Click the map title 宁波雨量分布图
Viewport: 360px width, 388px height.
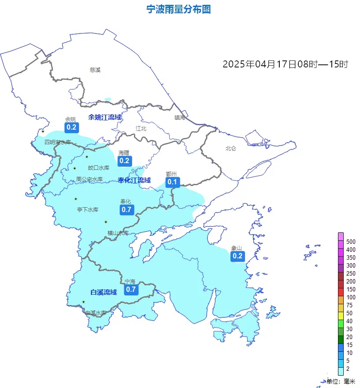(178, 9)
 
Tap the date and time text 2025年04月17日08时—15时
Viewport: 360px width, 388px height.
(286, 64)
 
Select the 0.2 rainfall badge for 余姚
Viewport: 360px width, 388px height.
(71, 128)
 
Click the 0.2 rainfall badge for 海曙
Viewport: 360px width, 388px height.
(124, 160)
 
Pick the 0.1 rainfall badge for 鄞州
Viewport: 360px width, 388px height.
(172, 182)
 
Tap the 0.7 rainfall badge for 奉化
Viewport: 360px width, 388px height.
(126, 209)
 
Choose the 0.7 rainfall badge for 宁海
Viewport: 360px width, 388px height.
(131, 289)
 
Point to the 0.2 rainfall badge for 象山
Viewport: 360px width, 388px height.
(238, 256)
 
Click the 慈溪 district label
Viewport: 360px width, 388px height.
(95, 70)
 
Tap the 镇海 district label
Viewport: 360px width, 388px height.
(180, 117)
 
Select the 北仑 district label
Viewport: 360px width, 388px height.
(231, 149)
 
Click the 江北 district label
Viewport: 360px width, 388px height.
(141, 129)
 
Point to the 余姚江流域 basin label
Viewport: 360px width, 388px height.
(105, 117)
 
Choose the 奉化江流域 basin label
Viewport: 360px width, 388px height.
(134, 180)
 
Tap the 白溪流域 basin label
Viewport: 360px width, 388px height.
(104, 292)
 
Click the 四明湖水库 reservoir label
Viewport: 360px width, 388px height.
(58, 142)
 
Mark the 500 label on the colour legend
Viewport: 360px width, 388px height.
(351, 242)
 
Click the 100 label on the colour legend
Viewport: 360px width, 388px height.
(351, 297)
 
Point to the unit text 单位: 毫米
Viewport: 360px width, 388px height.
(341, 381)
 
